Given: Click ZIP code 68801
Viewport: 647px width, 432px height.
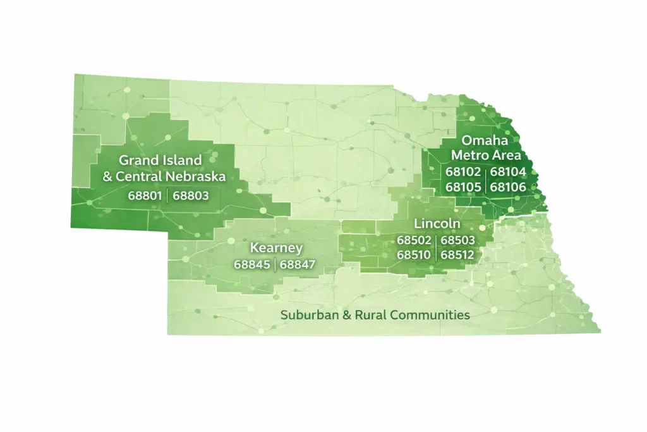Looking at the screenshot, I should tap(146, 195).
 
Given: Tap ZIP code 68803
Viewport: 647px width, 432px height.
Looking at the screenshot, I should tap(191, 195).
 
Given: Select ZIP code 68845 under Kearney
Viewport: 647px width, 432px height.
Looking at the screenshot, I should tap(253, 264).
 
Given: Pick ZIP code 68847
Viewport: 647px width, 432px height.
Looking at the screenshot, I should tap(298, 264).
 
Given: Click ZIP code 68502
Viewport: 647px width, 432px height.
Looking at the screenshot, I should tap(414, 240).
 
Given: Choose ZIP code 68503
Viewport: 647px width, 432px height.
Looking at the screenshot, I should tap(458, 240).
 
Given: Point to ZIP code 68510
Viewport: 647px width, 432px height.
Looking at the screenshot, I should tap(414, 255).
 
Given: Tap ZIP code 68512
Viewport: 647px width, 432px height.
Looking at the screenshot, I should tap(458, 255).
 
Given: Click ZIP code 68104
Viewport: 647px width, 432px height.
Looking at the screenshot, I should tap(508, 171).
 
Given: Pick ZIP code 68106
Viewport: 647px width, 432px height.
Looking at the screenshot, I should tap(508, 187).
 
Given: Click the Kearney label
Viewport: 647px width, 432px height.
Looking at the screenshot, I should tap(276, 247).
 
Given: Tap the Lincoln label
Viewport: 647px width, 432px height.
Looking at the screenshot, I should tap(437, 224).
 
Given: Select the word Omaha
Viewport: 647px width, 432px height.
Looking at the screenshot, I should tap(485, 140).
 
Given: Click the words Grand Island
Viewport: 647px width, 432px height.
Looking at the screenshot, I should tap(160, 161).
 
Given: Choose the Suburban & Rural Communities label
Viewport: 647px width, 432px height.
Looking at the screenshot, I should tap(375, 314).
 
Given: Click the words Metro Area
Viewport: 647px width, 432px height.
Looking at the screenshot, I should tap(486, 156).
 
